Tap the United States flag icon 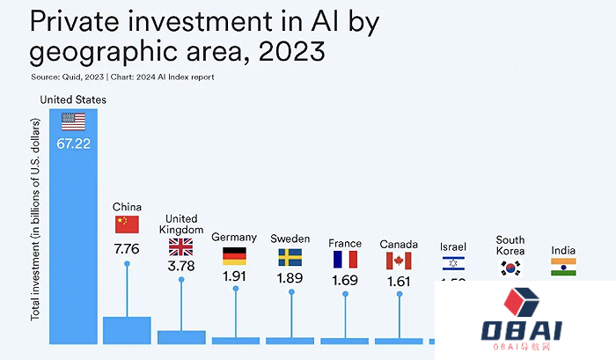pos(74,121)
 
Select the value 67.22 pos(74,143)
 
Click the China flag pos(127,224)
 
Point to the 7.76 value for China pos(127,249)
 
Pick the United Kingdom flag pos(181,246)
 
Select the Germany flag pos(234,256)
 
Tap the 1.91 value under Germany pos(234,276)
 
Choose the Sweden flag pos(290,257)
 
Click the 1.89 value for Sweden pos(290,276)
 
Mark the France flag pos(345,260)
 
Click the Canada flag pos(398,261)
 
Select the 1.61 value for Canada pos(398,281)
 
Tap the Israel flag pos(453,263)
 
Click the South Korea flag pos(510,268)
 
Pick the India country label pos(563,250)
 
